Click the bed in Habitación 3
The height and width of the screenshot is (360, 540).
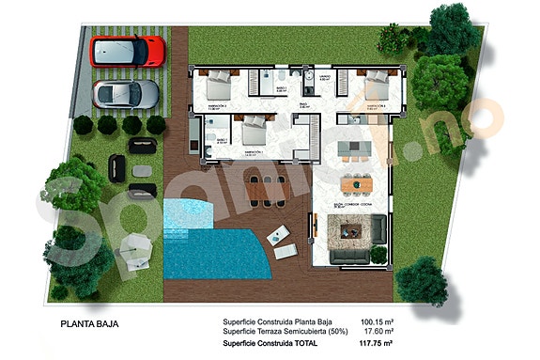tap(375, 87)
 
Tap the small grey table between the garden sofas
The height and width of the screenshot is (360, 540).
tap(141, 170)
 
